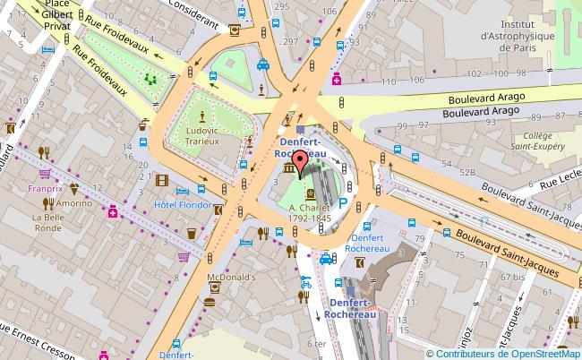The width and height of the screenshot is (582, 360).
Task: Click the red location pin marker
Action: (x=301, y=163)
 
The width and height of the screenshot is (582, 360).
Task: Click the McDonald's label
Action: (x=233, y=278)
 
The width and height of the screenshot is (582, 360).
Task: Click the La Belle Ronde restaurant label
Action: (x=48, y=222)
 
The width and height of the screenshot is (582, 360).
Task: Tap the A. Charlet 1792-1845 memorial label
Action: (x=310, y=210)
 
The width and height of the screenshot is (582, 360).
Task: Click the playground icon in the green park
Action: (x=149, y=79)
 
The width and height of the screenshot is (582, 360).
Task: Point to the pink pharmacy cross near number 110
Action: (x=337, y=81)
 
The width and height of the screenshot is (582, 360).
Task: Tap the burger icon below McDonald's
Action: (x=210, y=301)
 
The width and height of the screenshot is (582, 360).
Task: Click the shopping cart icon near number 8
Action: (x=184, y=257)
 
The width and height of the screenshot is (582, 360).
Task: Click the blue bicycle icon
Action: (x=306, y=281)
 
